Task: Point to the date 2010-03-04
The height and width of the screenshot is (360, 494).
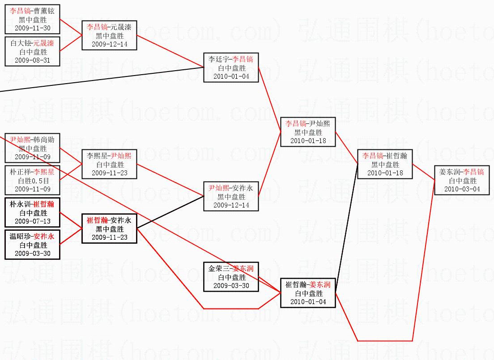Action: pyautogui.click(x=462, y=189)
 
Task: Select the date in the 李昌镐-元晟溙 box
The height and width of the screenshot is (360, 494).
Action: pyautogui.click(x=110, y=44)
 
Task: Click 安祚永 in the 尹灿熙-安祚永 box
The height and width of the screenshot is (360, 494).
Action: pyautogui.click(x=243, y=188)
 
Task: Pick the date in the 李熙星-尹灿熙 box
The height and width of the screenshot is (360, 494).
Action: pyautogui.click(x=110, y=173)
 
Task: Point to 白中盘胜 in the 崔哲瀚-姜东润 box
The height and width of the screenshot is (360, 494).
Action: pyautogui.click(x=308, y=293)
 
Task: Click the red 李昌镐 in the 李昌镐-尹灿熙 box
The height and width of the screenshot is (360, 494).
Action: pyautogui.click(x=296, y=124)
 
